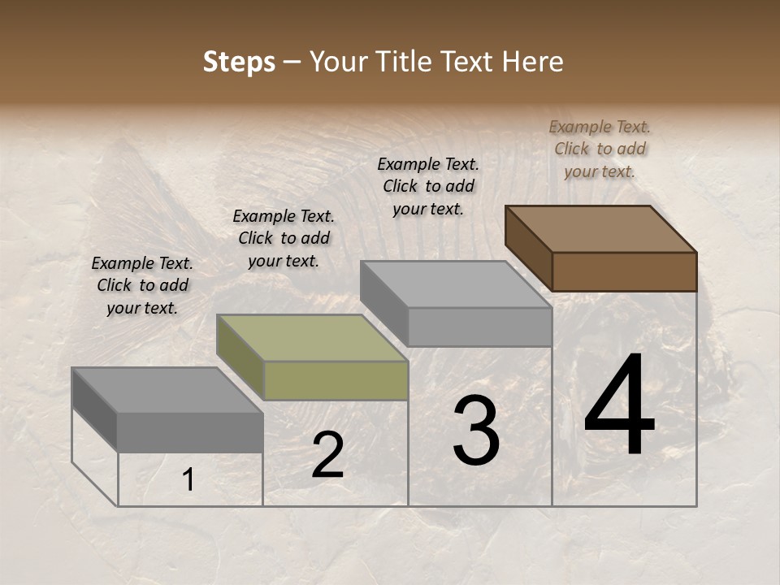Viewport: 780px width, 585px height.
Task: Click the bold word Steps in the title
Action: (x=239, y=62)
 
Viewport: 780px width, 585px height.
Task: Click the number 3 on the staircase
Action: (x=476, y=431)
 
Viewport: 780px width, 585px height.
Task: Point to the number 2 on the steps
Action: (x=327, y=456)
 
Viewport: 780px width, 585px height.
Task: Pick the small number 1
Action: (x=188, y=480)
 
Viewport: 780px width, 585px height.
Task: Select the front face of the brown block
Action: (x=624, y=271)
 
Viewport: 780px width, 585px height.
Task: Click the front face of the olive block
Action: (x=336, y=380)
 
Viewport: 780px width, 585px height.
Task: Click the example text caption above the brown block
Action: (x=600, y=149)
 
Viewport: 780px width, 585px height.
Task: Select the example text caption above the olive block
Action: (x=284, y=238)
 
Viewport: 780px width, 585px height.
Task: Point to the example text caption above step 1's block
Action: (x=142, y=285)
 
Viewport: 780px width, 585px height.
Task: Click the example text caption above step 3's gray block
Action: (x=428, y=186)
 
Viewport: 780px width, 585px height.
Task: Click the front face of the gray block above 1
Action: (x=190, y=432)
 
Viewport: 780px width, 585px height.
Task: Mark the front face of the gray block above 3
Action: (x=479, y=327)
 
